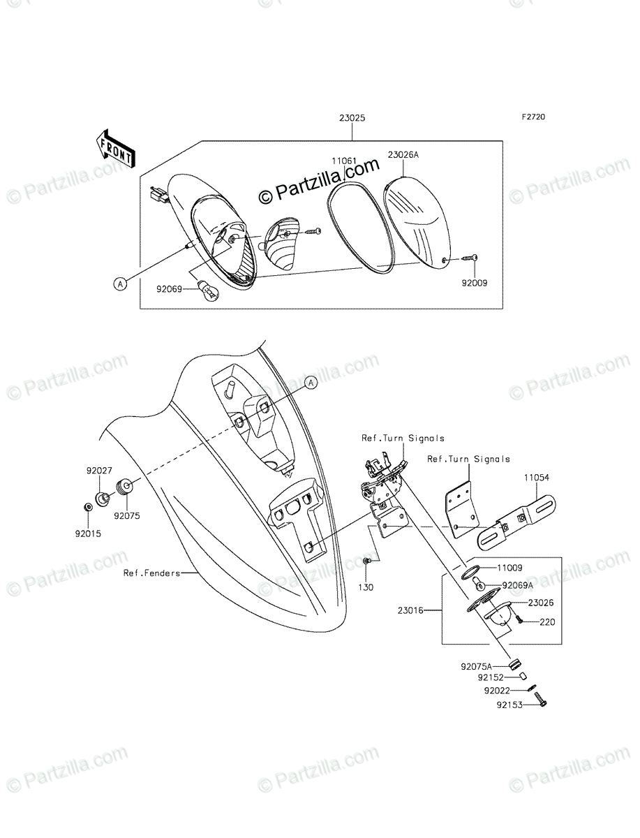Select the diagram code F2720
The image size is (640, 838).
coord(532,117)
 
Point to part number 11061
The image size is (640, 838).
coord(344,161)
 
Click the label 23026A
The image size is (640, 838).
coord(403,155)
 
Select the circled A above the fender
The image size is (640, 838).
coord(311,382)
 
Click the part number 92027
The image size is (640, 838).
coord(99,471)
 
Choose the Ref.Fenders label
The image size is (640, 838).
coord(151,573)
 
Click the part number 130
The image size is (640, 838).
coord(365,587)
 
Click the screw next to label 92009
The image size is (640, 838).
coord(468,260)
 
